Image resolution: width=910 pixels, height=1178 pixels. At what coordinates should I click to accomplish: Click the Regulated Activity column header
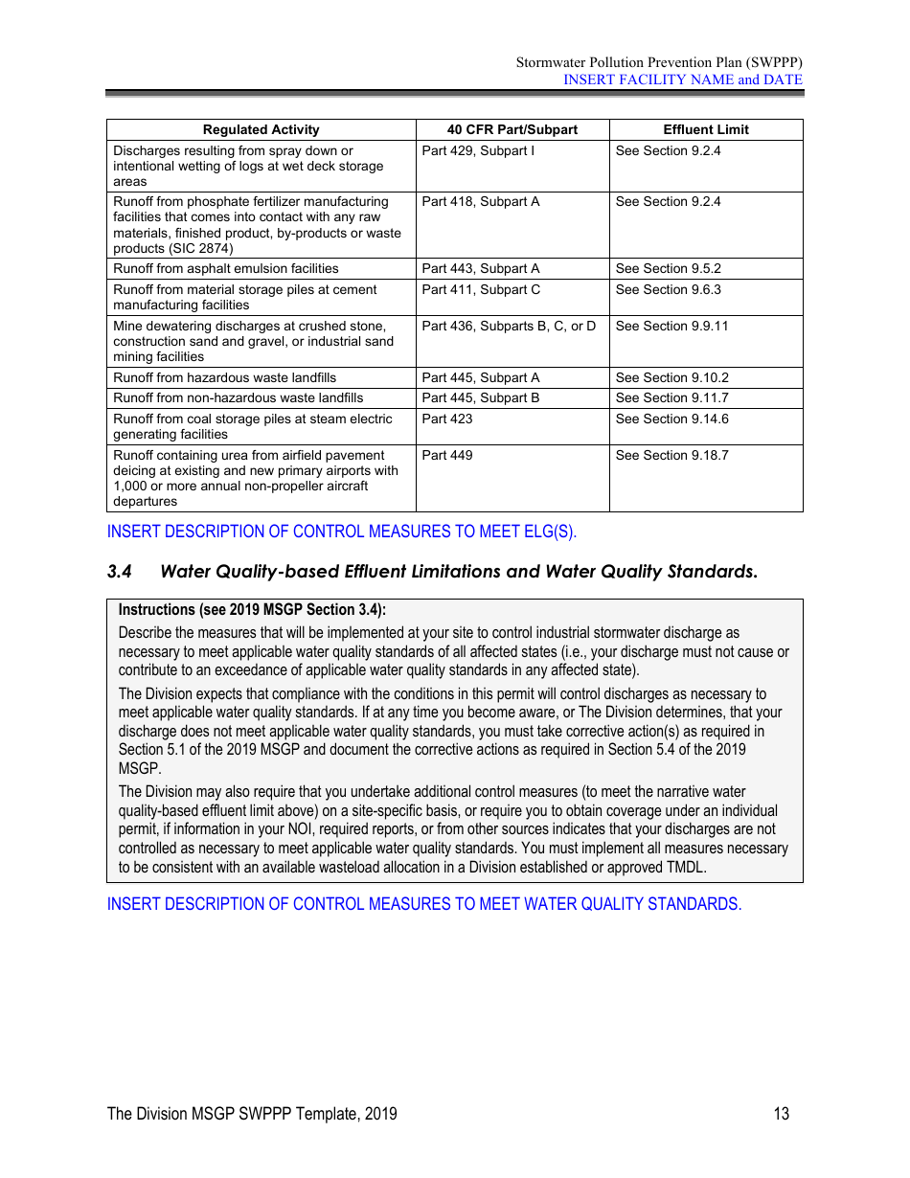click(261, 129)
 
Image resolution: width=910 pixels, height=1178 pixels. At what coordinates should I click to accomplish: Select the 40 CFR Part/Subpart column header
click(512, 129)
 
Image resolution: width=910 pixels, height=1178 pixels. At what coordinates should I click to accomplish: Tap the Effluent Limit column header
click(705, 129)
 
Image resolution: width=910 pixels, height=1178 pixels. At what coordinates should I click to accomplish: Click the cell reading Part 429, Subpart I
click(478, 151)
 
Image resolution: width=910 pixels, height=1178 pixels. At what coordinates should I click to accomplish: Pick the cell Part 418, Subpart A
click(480, 202)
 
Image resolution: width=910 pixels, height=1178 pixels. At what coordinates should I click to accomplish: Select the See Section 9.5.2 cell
click(668, 269)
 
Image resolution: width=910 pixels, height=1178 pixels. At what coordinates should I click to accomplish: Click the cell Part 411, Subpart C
click(481, 290)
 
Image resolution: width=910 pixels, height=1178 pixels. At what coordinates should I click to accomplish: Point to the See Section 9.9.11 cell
click(671, 327)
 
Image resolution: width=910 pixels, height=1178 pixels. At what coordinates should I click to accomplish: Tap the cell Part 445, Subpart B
click(480, 398)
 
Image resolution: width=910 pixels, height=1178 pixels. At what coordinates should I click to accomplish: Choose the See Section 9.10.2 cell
click(671, 378)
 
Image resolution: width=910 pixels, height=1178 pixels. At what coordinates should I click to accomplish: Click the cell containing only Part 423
click(446, 419)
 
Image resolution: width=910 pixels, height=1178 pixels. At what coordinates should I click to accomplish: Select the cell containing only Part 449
click(446, 456)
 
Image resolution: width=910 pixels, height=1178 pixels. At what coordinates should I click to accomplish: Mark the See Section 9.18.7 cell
click(671, 456)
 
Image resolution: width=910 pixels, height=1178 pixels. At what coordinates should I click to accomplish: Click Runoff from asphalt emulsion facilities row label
click(225, 269)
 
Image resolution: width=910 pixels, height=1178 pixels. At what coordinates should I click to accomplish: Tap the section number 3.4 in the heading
click(119, 572)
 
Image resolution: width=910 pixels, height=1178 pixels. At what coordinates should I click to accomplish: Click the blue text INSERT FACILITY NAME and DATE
click(682, 79)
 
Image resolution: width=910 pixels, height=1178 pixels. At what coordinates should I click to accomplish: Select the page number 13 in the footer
click(782, 1114)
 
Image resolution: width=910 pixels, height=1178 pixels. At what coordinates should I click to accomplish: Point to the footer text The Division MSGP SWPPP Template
click(251, 1114)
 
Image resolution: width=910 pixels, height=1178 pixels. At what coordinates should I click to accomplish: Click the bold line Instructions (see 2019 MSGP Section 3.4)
click(252, 610)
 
